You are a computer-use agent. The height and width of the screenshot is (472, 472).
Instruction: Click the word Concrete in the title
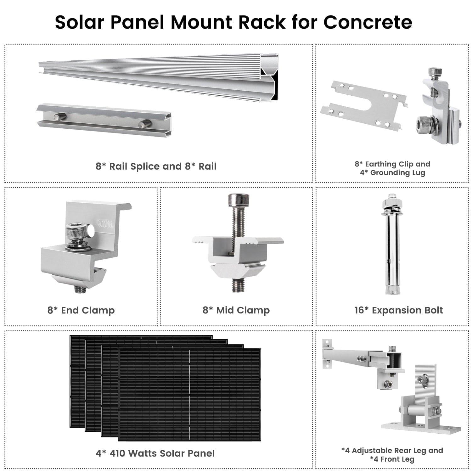[x=368, y=22]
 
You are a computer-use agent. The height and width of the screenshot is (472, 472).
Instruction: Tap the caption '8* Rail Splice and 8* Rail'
[x=156, y=166]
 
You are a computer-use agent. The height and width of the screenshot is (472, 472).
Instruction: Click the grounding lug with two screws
[x=437, y=107]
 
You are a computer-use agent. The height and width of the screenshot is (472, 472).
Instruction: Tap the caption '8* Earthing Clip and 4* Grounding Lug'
[x=392, y=168]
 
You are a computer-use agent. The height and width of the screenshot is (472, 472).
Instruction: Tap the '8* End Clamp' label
[x=81, y=310]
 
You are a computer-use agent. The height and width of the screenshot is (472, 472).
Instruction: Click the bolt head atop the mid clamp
[x=238, y=199]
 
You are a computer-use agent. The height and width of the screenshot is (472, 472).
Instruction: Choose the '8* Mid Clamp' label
[x=236, y=310]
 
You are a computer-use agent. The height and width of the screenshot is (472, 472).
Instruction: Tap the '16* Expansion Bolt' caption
[x=398, y=310]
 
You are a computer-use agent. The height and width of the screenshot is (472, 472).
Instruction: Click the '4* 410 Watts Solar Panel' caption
[x=155, y=453]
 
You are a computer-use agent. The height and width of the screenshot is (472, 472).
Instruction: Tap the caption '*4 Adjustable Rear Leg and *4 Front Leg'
[x=392, y=455]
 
